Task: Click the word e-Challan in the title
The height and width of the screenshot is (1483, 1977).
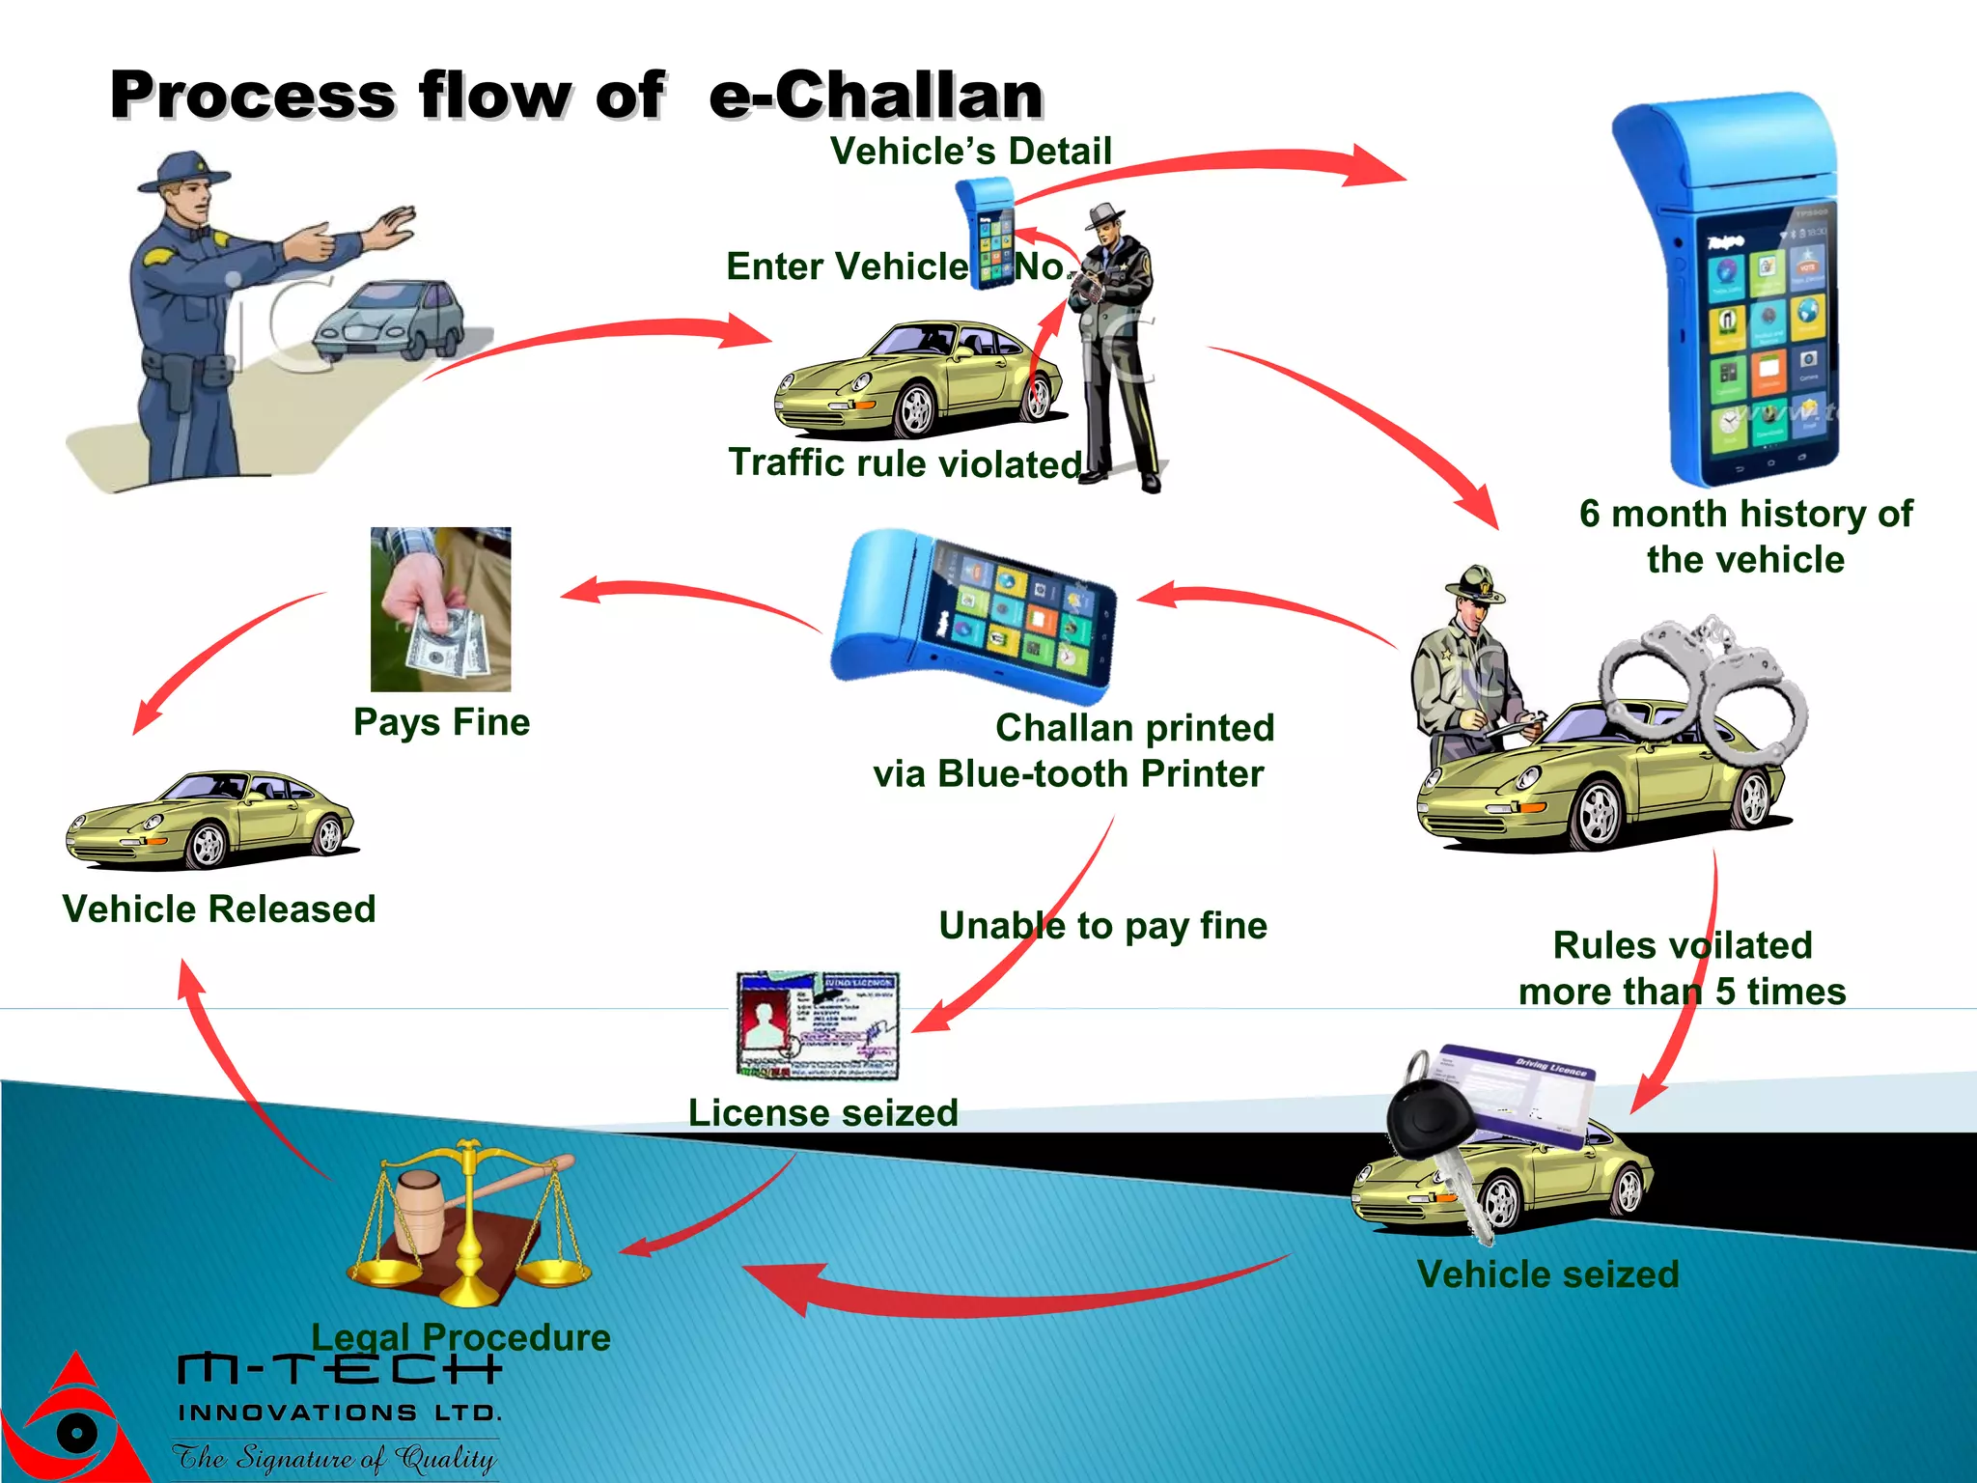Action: click(876, 96)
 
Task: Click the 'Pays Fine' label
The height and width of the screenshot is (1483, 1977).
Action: click(441, 722)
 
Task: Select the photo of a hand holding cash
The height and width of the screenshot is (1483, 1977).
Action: click(441, 609)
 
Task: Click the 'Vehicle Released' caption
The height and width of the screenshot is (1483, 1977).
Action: click(219, 909)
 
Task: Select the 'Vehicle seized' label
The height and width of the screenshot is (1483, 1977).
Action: click(1547, 1274)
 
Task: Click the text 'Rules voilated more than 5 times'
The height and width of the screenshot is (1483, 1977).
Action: click(1682, 968)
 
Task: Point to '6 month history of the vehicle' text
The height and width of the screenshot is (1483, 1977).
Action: click(1745, 537)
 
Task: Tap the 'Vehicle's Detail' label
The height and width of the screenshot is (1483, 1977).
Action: click(970, 152)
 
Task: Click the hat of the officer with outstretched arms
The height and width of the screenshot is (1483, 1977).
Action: click(183, 171)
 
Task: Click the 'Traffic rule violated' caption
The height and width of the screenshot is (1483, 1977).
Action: click(905, 463)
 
